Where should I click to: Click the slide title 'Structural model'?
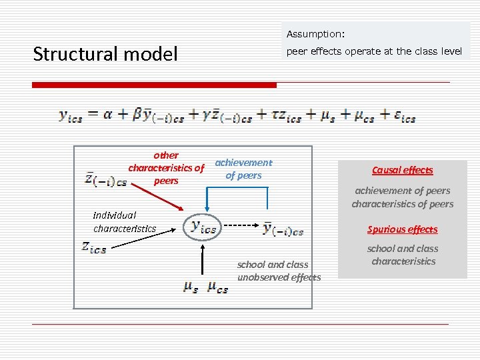point(105,54)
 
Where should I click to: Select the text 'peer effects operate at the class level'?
point(374,51)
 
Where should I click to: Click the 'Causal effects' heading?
point(402,170)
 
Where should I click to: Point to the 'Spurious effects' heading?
point(402,229)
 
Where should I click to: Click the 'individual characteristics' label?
point(124,221)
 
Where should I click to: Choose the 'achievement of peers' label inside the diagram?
point(243,169)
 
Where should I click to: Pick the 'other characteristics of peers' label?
point(166,168)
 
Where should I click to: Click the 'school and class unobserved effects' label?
point(279,271)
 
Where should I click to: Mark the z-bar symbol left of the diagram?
point(105,179)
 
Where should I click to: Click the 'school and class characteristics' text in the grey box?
point(403,255)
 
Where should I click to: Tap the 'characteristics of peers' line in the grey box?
point(402,204)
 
